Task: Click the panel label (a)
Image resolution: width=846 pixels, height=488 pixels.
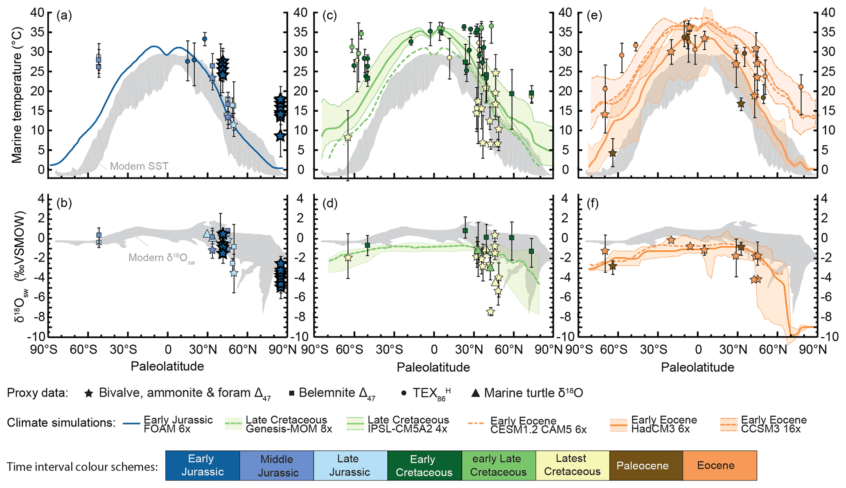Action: [64, 16]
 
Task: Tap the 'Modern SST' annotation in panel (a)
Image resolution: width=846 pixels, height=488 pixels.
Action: [139, 166]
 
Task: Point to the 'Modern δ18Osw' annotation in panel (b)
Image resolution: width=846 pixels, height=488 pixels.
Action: [161, 258]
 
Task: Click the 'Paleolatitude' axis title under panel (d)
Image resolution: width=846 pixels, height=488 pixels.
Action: [433, 367]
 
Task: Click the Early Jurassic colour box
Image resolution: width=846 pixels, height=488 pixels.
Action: [202, 466]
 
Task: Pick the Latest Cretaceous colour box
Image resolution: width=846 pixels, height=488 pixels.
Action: [572, 466]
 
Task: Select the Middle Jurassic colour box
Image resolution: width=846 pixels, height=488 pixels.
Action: [276, 466]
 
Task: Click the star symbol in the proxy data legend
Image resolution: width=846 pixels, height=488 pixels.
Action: [88, 394]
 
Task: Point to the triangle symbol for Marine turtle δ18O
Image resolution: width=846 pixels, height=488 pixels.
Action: [475, 393]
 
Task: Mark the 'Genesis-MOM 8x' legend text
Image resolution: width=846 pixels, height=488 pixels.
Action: [289, 429]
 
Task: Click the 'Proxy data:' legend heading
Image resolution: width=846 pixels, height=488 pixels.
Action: [37, 393]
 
